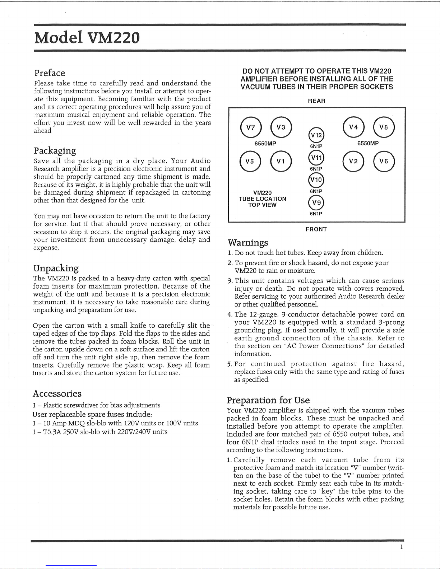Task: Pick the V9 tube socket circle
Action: point(316,202)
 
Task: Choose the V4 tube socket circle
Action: point(353,127)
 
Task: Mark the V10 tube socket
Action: point(316,180)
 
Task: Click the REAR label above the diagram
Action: point(316,101)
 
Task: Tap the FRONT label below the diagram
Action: point(316,229)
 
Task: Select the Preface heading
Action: point(50,73)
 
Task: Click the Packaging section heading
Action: point(55,150)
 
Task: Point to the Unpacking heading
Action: point(56,269)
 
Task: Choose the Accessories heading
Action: point(57,394)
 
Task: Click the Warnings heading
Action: point(248,243)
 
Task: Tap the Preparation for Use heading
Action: point(268,400)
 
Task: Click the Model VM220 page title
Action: point(87,38)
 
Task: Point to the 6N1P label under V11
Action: point(316,169)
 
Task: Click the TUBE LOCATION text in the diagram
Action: point(262,199)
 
